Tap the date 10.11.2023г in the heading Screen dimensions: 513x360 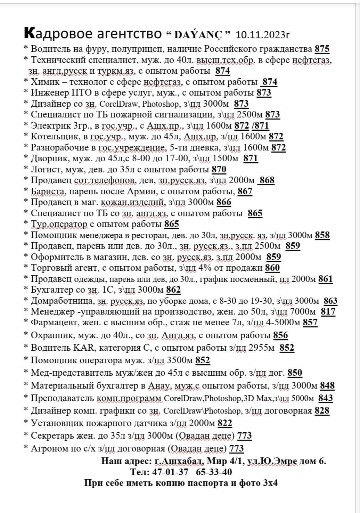[263, 35]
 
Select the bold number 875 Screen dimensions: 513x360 [322, 49]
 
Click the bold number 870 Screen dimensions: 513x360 [219, 170]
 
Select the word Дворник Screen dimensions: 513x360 [47, 158]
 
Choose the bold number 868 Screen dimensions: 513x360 [267, 180]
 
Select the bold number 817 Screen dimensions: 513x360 [328, 312]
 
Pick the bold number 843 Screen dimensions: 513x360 [326, 398]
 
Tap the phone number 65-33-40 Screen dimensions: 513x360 [214, 472]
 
